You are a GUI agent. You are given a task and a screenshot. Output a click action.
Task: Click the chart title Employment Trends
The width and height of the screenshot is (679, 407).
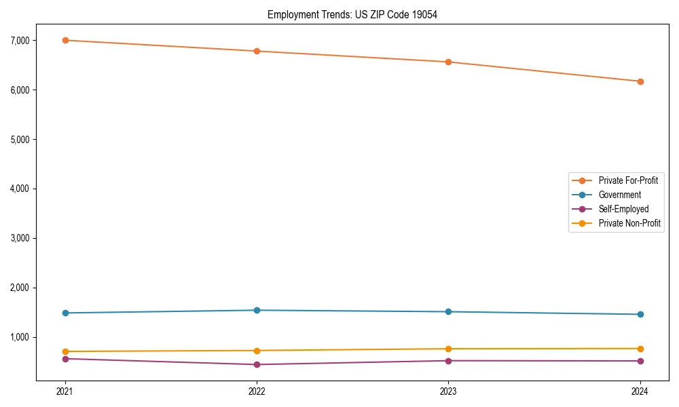click(x=352, y=14)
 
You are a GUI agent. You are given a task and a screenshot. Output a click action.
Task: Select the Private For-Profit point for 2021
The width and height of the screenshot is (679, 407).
click(x=65, y=40)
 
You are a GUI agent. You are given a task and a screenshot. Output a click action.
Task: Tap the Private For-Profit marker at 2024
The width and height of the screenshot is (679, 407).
click(x=640, y=81)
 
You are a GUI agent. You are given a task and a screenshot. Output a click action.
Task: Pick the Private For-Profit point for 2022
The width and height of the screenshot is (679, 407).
click(x=257, y=51)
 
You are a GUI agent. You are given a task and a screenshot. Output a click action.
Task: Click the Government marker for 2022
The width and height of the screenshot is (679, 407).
click(x=257, y=310)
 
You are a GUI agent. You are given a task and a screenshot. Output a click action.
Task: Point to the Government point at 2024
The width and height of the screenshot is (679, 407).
click(x=640, y=314)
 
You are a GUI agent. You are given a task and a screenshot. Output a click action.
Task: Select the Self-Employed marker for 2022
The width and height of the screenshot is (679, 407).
click(x=257, y=364)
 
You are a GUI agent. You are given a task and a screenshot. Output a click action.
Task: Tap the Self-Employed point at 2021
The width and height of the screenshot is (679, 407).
click(x=65, y=359)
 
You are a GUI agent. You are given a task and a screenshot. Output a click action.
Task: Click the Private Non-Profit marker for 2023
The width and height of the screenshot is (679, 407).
click(x=448, y=349)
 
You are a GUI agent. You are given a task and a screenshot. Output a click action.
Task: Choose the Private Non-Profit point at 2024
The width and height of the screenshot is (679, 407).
click(x=640, y=349)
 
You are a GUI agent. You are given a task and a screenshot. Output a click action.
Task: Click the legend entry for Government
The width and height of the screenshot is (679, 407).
click(x=619, y=195)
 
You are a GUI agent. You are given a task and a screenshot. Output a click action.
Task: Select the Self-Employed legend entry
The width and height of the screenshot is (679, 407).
click(x=623, y=209)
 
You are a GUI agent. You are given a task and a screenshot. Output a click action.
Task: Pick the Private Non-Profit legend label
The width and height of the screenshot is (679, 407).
click(x=629, y=223)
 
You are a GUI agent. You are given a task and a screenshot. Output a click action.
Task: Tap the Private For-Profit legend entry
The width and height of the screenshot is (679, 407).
click(x=628, y=180)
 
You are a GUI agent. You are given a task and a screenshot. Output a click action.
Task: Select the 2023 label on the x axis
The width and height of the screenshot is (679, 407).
click(x=448, y=391)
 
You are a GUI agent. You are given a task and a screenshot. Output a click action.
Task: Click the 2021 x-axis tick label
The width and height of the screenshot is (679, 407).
click(x=65, y=391)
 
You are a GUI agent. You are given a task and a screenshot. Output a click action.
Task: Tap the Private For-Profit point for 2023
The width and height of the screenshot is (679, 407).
click(x=448, y=62)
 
